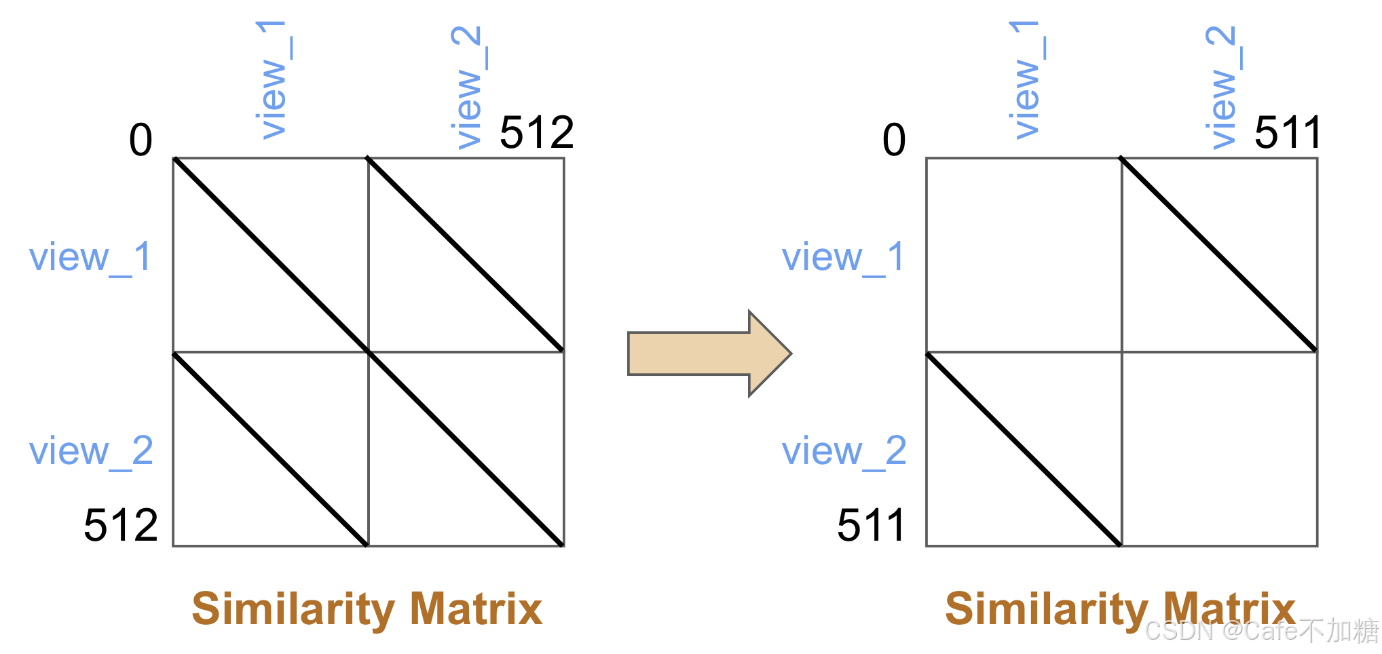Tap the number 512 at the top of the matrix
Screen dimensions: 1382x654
[536, 132]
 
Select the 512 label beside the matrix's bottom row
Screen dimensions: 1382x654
[121, 525]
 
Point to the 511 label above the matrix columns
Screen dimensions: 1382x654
[1287, 132]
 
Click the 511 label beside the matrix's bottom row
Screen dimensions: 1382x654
[871, 525]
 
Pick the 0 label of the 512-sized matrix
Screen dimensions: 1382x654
[141, 140]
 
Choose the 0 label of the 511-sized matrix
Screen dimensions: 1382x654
[894, 140]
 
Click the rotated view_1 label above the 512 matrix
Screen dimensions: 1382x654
[274, 79]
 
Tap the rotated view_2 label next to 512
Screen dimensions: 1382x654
[468, 87]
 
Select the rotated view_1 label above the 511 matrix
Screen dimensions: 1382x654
[1026, 79]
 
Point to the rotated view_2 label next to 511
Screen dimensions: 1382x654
[1222, 87]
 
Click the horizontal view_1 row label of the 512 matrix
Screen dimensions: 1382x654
[90, 258]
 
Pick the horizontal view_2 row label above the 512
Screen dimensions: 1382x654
[91, 452]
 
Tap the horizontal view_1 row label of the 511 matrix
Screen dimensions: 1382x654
[843, 258]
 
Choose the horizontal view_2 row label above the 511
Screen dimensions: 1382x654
[844, 452]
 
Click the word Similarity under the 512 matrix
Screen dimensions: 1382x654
[293, 609]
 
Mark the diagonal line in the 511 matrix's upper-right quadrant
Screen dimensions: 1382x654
[1219, 255]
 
